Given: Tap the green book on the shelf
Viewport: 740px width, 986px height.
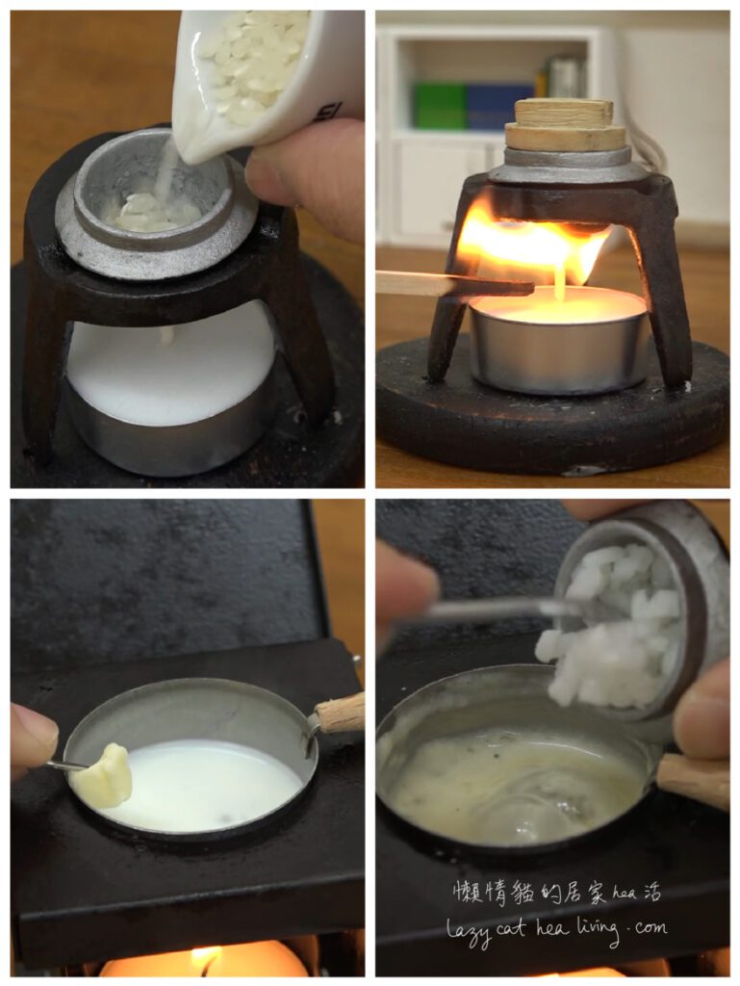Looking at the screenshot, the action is [440, 106].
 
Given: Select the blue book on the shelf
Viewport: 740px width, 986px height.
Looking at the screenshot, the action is [499, 107].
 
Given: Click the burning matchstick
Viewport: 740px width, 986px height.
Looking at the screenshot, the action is [455, 284].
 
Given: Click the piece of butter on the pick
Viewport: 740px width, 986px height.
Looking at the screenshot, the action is [102, 775].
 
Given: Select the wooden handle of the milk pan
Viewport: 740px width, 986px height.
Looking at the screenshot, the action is [340, 714].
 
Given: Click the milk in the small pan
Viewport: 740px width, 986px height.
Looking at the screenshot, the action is [201, 785].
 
